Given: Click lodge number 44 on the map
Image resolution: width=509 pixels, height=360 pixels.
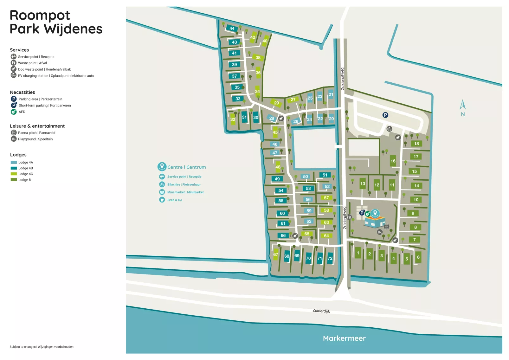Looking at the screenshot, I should click(232, 29).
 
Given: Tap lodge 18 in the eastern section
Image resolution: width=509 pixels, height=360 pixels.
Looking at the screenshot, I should click(416, 144).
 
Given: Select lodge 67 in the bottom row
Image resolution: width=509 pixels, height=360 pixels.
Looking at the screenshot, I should click(276, 254).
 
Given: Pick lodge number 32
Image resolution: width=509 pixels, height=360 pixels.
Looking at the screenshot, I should click(233, 119).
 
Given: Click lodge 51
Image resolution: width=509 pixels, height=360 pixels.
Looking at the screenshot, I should click(325, 175).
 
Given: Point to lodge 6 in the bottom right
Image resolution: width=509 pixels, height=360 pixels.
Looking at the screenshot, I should click(418, 257).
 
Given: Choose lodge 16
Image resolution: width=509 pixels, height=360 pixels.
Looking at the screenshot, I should click(393, 161).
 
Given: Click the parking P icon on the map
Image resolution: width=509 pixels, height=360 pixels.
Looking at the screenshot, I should click(385, 115).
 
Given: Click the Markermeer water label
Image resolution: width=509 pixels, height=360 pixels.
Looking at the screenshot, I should click(344, 338).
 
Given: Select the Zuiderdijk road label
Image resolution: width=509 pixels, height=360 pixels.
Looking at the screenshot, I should click(321, 311).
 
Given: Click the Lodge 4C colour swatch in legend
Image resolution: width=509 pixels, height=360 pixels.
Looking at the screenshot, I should click(14, 174).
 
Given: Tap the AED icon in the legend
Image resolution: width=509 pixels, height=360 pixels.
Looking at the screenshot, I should click(14, 112).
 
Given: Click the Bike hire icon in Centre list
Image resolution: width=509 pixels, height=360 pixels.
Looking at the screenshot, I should click(162, 184).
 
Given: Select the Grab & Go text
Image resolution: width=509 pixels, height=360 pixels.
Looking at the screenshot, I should click(175, 200).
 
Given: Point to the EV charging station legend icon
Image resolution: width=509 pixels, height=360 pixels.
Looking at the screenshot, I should click(14, 75).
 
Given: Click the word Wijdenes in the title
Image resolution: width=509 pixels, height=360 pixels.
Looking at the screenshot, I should click(73, 29).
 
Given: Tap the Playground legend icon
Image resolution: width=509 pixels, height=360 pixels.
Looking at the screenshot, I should click(14, 139).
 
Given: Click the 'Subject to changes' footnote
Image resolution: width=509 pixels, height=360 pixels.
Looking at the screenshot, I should click(42, 347).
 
